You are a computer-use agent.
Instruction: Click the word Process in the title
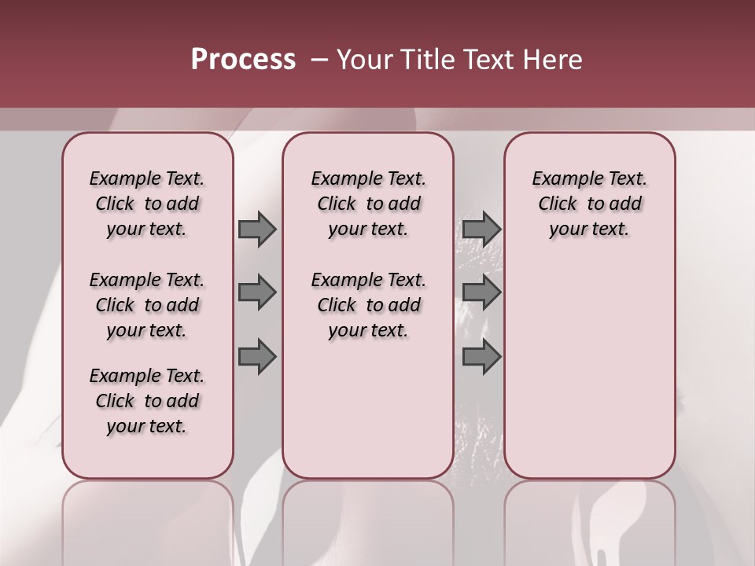click(243, 60)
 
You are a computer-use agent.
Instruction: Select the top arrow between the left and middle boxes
click(257, 229)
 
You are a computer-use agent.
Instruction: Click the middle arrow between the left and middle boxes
click(257, 293)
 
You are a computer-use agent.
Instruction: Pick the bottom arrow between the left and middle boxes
click(257, 358)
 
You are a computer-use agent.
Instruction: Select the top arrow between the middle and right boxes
click(481, 229)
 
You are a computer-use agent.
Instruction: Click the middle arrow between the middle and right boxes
click(481, 293)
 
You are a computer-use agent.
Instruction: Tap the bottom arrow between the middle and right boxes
click(481, 358)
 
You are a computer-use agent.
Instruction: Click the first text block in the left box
click(147, 204)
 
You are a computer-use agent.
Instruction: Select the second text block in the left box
click(147, 305)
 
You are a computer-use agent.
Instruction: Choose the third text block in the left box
click(147, 401)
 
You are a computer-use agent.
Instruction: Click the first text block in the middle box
click(368, 204)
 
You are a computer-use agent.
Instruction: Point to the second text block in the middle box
click(368, 305)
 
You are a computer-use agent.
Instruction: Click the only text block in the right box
click(589, 204)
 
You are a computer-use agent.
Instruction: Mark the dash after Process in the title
click(318, 60)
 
